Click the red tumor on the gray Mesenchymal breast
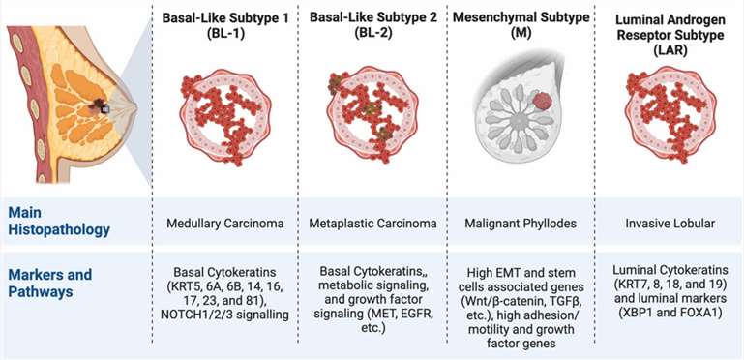(546, 101)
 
